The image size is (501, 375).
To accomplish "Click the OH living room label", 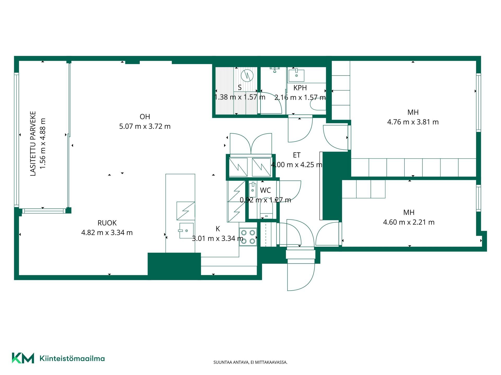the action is pos(145,117).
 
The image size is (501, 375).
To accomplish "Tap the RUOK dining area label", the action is pos(107,223).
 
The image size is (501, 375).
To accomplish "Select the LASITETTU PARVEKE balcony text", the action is pos(33,144).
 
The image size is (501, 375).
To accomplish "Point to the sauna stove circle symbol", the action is pos(247,76).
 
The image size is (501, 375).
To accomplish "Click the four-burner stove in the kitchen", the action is pos(248,237).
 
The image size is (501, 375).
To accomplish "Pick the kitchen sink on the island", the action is pos(186,230).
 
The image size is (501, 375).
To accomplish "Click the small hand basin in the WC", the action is pos(252,190).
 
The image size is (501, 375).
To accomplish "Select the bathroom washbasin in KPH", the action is pos(296,75).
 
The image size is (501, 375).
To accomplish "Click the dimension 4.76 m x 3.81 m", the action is pos(413,122).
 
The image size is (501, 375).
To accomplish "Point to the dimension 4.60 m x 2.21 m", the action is pos(409,222).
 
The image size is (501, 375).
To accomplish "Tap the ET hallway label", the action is pos(297,155).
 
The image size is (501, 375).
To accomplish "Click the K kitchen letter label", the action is pos(218,229).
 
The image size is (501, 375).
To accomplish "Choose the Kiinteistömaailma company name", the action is pos(72,359).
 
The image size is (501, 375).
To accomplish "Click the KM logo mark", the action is pos(23,358).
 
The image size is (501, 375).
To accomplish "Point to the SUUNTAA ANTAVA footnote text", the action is pos(250,362).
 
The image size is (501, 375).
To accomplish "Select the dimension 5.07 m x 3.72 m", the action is pos(145,126).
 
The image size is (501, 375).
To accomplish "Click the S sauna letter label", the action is pos(240,87).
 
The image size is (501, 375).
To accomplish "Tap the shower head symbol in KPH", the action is pos(275,69).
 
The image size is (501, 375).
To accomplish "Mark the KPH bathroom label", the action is pos(300,88).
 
